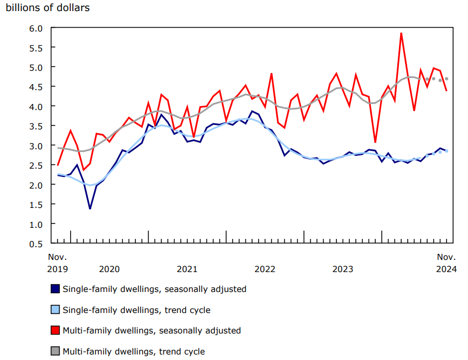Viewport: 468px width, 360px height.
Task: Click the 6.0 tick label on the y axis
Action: click(36, 28)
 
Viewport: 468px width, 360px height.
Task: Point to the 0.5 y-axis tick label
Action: click(36, 243)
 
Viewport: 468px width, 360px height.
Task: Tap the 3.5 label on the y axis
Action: click(36, 126)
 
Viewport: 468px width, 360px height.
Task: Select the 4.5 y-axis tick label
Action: click(36, 87)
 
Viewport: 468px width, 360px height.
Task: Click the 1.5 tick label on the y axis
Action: click(36, 205)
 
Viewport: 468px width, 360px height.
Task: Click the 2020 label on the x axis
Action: click(109, 269)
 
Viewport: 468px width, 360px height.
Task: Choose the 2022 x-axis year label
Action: click(265, 269)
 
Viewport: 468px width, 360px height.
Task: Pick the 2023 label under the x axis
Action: click(343, 269)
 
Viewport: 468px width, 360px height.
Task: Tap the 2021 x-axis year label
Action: click(187, 269)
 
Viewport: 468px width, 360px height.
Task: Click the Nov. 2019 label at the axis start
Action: click(57, 263)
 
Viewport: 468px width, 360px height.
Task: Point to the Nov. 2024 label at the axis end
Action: click(446, 263)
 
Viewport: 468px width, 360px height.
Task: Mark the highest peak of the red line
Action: click(401, 33)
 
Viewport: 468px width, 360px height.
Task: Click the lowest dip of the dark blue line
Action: click(90, 208)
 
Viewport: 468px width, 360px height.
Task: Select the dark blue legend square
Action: click(55, 289)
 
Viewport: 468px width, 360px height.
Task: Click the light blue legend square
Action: click(55, 310)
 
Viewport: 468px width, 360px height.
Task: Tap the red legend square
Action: click(55, 330)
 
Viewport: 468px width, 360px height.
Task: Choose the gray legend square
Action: click(55, 351)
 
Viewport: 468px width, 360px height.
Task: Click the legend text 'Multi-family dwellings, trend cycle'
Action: click(134, 351)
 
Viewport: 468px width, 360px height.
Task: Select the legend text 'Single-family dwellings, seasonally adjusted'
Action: click(154, 289)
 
